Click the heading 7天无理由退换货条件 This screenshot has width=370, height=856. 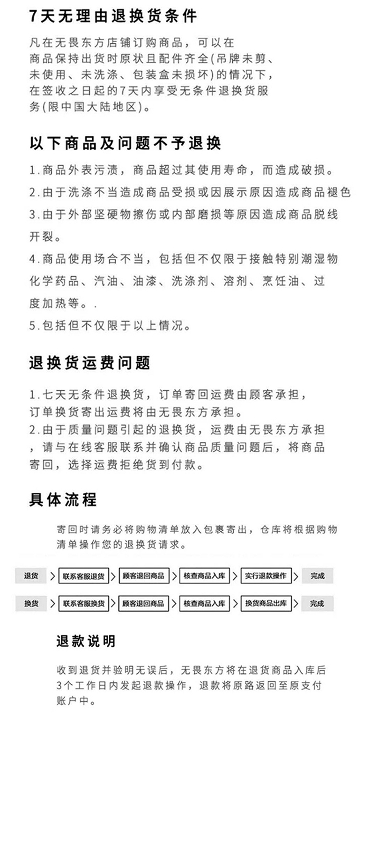tap(112, 17)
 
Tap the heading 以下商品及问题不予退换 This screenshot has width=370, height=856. tap(125, 143)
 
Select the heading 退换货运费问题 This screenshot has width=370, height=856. tap(89, 363)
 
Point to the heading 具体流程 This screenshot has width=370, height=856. tap(63, 500)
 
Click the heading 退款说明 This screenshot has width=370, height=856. tap(86, 641)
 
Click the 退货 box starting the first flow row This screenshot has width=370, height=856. tap(31, 576)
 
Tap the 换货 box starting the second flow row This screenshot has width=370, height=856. tap(31, 603)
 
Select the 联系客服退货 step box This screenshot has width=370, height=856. tap(84, 576)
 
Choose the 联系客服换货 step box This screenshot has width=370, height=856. tap(84, 603)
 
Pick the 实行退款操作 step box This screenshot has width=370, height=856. tap(266, 576)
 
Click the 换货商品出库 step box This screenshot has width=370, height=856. tap(266, 603)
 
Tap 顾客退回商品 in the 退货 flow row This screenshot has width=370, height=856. tap(143, 576)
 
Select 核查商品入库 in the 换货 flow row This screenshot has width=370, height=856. tap(204, 603)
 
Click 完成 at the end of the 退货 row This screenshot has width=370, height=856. tap(317, 576)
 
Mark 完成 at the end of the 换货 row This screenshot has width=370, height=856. tap(317, 603)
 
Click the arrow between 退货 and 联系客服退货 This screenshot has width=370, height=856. tap(52, 576)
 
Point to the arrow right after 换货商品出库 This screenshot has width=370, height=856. tap(296, 603)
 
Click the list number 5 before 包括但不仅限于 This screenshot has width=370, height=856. tap(32, 326)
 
